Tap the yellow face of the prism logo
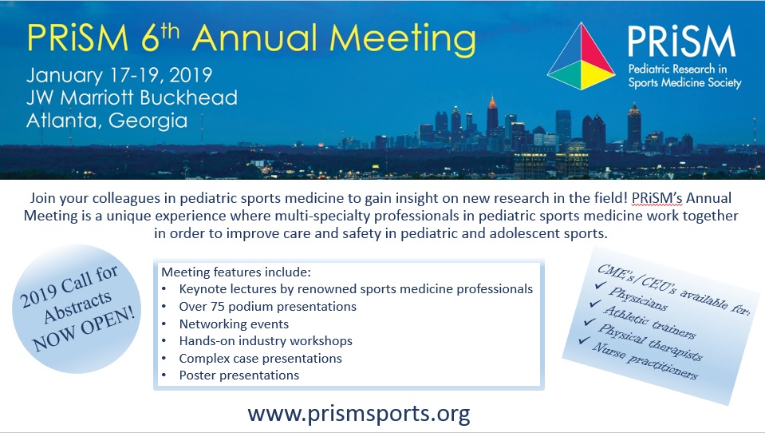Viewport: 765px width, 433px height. [x=594, y=75]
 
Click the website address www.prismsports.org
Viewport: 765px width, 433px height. [x=359, y=414]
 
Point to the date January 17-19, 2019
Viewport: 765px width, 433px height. [x=120, y=75]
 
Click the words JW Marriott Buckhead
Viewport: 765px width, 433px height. [x=132, y=97]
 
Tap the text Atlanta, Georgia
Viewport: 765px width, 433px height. [x=107, y=121]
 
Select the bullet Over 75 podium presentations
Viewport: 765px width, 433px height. [x=267, y=307]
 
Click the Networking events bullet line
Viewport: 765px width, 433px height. [x=234, y=324]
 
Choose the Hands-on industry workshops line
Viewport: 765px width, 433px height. [x=266, y=340]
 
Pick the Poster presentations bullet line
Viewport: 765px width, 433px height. [x=239, y=375]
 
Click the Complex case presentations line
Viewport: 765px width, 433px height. [x=260, y=358]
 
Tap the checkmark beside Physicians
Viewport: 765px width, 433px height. [x=601, y=285]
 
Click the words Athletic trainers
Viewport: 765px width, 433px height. [x=649, y=323]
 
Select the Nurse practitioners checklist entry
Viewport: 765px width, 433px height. [x=645, y=361]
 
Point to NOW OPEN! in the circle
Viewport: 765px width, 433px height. [x=84, y=330]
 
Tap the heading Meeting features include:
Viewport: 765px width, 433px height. [x=235, y=272]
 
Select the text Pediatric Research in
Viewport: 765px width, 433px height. [x=677, y=69]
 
